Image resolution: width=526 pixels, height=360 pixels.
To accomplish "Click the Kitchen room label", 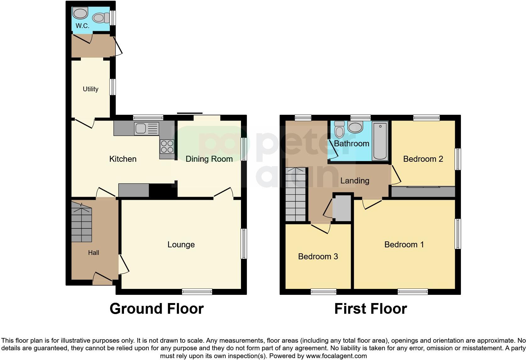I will click(x=123, y=159).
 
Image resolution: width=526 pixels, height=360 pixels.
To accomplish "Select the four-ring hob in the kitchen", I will click(x=167, y=146).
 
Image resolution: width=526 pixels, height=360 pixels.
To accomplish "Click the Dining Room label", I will click(x=209, y=159).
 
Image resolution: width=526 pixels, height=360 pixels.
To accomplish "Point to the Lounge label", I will click(x=181, y=245).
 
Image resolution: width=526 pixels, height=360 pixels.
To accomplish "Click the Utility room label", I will click(x=91, y=89).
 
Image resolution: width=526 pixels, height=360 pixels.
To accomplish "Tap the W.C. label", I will click(x=82, y=26).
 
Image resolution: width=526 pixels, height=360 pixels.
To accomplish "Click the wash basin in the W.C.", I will click(x=80, y=14).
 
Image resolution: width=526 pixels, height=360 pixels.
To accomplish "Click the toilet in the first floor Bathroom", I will click(x=339, y=130).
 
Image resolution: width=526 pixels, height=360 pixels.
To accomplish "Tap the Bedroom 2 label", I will click(x=423, y=159).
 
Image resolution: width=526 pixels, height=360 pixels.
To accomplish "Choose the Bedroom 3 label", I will click(x=318, y=256).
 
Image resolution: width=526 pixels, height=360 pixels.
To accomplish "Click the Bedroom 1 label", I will click(x=404, y=245).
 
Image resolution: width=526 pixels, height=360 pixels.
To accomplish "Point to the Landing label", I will click(x=355, y=181).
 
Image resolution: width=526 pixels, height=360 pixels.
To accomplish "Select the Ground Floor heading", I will click(x=156, y=309).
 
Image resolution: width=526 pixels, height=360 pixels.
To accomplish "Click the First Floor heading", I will click(x=370, y=309).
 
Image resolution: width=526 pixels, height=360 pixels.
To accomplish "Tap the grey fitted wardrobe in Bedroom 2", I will click(x=423, y=192).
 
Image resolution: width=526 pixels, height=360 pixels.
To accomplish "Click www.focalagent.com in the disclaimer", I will click(x=336, y=356).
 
